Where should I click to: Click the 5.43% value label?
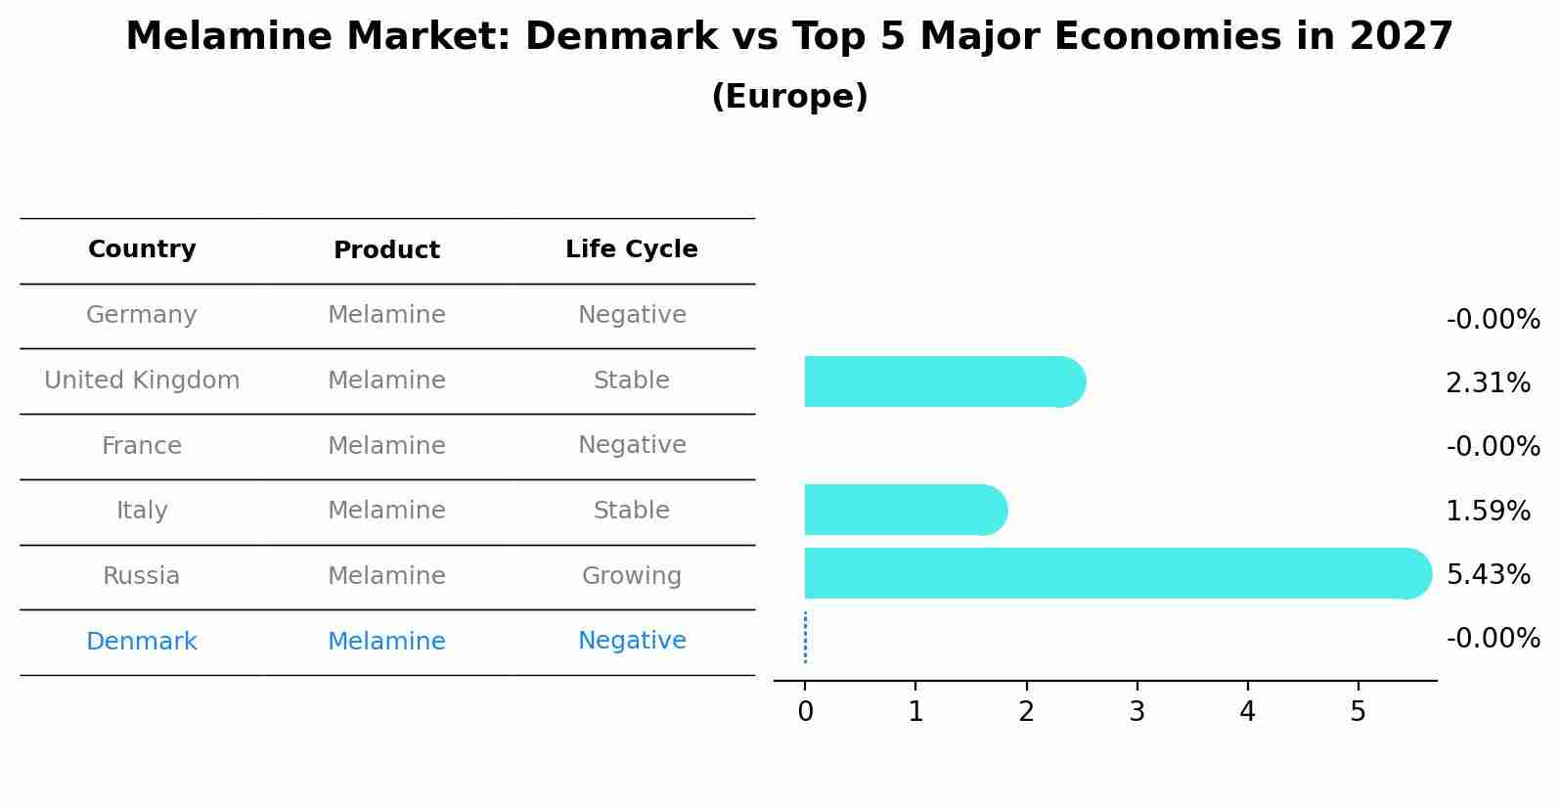1488,574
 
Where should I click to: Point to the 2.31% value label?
1488,383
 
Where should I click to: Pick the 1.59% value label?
1488,511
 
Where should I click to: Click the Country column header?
142,249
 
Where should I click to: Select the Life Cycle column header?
631,249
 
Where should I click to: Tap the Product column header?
386,250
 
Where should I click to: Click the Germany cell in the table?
142,315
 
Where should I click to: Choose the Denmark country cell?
142,642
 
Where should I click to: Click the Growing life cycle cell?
631,576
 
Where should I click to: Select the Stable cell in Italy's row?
631,511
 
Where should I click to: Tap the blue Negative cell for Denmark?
631,641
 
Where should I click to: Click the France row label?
142,446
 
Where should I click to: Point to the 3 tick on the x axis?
1137,712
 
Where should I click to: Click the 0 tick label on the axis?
805,712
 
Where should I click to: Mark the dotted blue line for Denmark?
805,638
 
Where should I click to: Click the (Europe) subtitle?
789,97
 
